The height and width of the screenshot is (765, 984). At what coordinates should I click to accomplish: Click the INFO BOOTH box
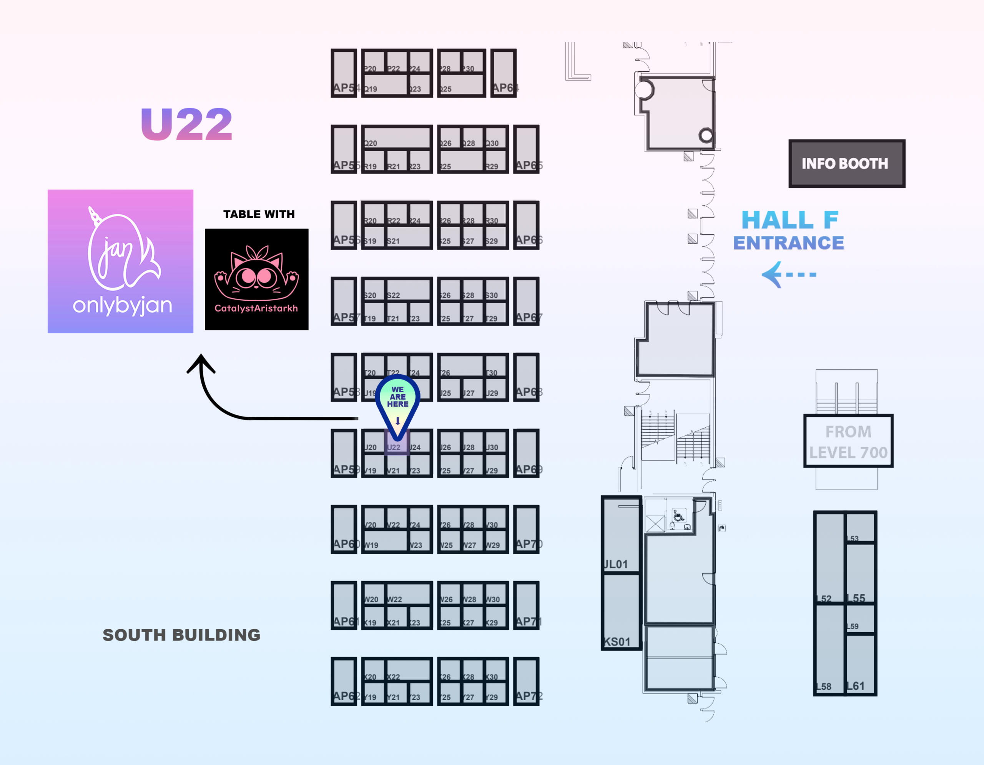[846, 163]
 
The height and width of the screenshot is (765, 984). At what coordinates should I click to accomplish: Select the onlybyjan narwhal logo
[120, 261]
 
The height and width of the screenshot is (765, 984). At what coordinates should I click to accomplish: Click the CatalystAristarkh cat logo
[256, 279]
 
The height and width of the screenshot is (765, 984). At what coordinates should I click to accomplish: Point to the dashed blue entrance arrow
[788, 274]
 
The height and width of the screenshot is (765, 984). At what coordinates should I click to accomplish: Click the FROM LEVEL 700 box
[848, 441]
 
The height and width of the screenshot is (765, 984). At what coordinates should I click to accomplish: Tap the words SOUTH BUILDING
[181, 635]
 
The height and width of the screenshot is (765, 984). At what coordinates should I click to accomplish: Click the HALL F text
[790, 220]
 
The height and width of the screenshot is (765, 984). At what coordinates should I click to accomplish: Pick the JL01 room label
[615, 564]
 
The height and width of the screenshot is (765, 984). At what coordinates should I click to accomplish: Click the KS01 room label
[617, 642]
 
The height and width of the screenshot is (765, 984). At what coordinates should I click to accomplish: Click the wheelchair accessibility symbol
[678, 515]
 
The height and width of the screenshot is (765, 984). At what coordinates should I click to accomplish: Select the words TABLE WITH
[259, 214]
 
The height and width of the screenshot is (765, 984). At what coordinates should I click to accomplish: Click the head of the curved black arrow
[201, 361]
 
